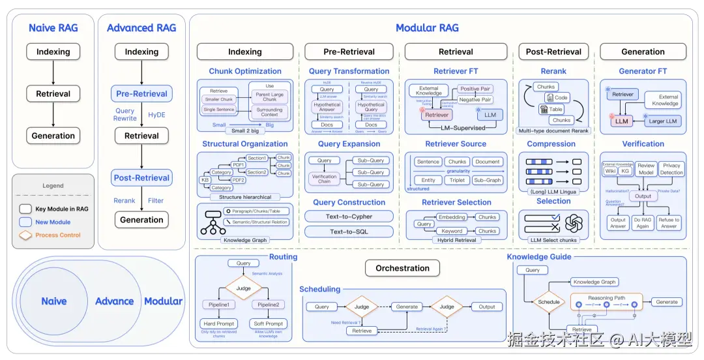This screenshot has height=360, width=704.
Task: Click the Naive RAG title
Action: [x=53, y=27]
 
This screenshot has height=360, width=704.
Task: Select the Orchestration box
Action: [x=402, y=268]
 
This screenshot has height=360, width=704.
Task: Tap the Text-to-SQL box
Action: [x=349, y=232]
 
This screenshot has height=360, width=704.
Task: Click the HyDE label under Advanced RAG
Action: [x=156, y=114]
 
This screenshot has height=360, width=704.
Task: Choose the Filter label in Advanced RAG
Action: [x=155, y=201]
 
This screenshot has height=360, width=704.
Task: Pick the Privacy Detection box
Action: [x=671, y=169]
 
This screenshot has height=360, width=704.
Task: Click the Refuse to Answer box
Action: [x=669, y=223]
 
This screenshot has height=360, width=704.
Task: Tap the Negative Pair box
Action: [x=475, y=100]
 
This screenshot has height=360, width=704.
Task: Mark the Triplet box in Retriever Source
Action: [x=457, y=180]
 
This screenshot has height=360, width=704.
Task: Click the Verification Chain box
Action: [x=324, y=179]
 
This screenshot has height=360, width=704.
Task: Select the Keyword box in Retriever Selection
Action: [x=452, y=231]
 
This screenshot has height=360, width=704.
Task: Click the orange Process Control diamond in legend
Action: [x=25, y=235]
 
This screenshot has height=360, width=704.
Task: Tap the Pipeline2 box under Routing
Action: [x=269, y=305]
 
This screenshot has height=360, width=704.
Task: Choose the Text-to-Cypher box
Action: [x=349, y=217]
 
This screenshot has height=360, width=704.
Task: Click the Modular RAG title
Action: [x=427, y=27]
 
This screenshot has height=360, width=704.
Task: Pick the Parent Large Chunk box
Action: [x=270, y=96]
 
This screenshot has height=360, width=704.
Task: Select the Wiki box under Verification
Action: [x=611, y=170]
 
